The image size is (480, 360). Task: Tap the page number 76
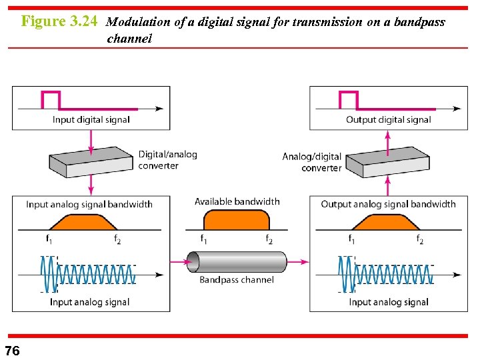12,351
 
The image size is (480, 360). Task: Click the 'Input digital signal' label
91,120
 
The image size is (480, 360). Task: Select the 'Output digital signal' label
388,120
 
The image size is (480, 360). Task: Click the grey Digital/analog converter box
91,161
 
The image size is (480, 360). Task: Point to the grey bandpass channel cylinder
237,262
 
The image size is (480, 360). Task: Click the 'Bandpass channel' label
237,280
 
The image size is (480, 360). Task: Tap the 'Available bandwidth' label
237,201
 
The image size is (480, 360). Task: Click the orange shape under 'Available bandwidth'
236,220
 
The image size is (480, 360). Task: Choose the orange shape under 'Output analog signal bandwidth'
385,222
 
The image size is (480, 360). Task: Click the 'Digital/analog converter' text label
167,160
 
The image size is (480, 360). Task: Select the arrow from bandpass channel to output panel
298,262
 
